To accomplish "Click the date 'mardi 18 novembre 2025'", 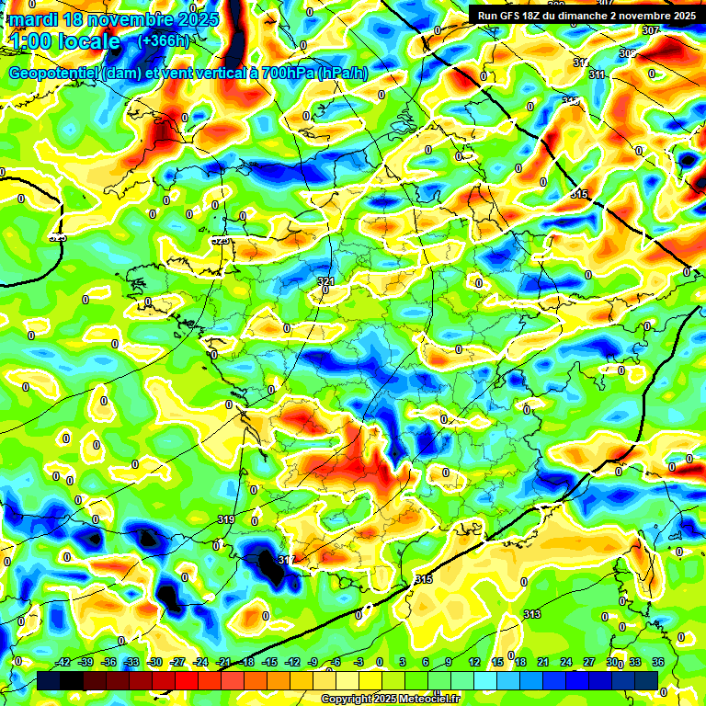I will coord(113,19).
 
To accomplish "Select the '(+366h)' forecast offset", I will coord(163,40).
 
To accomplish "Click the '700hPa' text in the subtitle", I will coord(282,74).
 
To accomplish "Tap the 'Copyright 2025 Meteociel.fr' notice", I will coord(389,699).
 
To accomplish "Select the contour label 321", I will coord(325,281).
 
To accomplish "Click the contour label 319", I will coord(226,520).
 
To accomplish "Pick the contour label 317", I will coord(286,560).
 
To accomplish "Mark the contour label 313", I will coord(531,614).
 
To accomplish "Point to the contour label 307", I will coord(651,30).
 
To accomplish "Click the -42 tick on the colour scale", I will coord(63,662).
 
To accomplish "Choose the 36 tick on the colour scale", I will coord(658,662).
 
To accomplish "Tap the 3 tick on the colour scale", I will coord(403,662).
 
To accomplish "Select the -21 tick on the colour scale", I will coord(223,662).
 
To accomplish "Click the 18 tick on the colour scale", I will coord(520,662).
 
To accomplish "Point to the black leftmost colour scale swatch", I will coord(49,680).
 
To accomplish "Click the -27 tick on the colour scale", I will coord(177,662).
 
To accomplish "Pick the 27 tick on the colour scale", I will coord(589,662).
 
